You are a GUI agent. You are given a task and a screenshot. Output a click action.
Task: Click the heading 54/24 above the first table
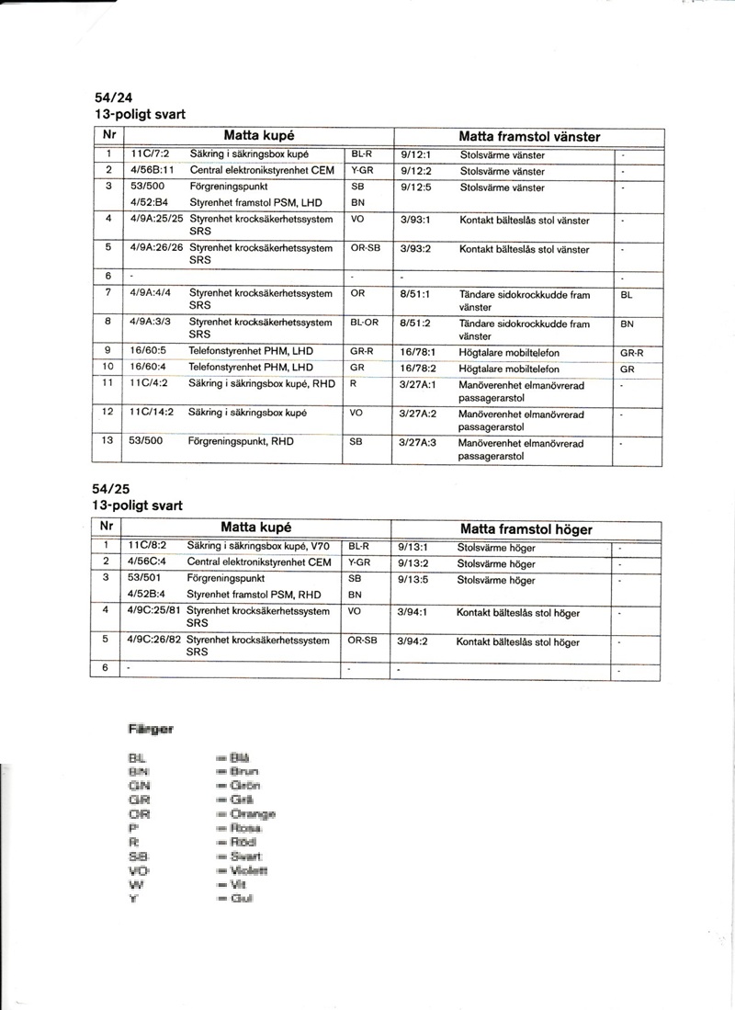coord(112,98)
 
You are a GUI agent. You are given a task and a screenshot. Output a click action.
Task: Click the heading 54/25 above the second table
coord(112,489)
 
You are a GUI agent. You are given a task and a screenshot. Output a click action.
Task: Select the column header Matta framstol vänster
coord(529,137)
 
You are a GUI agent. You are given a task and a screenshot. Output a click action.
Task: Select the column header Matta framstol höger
coord(526,529)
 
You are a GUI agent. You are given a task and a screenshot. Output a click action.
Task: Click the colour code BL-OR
coord(364,323)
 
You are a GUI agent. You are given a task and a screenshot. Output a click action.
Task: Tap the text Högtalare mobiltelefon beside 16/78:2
coord(510,369)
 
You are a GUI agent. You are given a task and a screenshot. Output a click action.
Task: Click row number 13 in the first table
coord(107,441)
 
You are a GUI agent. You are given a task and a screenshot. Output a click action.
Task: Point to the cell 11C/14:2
coord(149,414)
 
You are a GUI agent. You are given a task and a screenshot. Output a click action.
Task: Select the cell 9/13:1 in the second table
coord(414,547)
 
